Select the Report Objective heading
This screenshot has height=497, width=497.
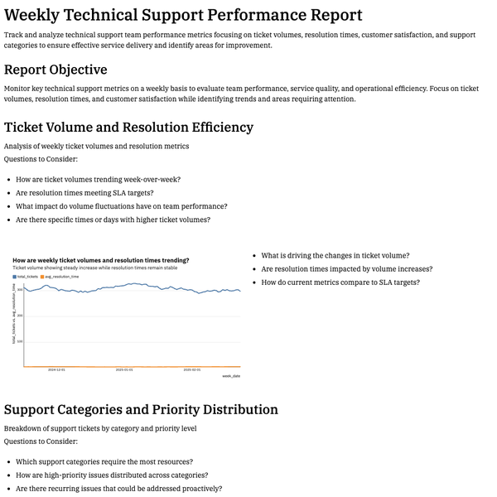(55, 70)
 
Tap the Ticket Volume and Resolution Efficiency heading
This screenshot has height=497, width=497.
(128, 127)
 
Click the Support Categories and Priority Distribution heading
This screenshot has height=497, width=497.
(141, 409)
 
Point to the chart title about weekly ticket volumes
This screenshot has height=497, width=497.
(100, 260)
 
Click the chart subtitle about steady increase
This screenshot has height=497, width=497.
(94, 268)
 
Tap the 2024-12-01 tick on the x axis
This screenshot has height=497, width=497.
(56, 370)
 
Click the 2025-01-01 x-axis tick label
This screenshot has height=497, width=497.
(124, 370)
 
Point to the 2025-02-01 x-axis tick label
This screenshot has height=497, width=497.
(192, 370)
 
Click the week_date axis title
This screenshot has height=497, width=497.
(231, 375)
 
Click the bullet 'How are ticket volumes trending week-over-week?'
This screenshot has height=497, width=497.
(98, 180)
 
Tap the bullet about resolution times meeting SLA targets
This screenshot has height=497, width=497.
(95, 193)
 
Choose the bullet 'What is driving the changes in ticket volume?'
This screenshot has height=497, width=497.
(335, 256)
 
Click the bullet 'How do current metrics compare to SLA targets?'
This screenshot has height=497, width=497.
(340, 282)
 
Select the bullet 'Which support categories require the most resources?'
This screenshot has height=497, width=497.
(104, 462)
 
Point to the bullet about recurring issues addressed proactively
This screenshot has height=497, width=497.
(118, 489)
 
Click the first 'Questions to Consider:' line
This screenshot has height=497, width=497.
(41, 159)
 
